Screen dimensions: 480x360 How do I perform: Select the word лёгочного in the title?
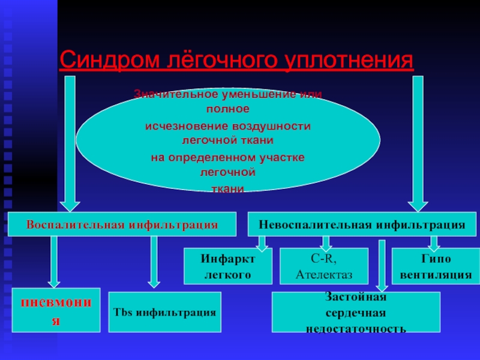220,60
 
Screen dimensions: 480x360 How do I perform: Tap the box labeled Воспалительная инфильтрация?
122,224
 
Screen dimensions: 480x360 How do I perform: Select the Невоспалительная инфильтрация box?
362,224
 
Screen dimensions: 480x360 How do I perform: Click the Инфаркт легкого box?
227,266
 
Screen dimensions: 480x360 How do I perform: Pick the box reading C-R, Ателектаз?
324,266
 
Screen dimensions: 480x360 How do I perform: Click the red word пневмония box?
56,310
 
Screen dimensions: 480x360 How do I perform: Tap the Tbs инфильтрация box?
165,313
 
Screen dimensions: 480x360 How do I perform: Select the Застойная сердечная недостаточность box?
356,313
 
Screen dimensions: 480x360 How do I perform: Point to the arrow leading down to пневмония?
54,262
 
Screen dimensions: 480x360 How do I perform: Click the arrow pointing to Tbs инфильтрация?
154,262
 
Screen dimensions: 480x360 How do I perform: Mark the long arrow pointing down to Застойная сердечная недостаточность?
382,264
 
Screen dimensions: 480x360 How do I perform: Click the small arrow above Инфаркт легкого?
262,242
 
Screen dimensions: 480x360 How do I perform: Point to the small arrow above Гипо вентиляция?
434,242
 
